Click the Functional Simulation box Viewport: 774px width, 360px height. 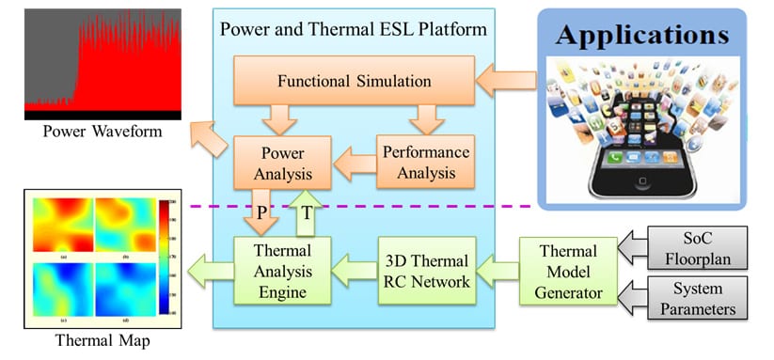[355, 81]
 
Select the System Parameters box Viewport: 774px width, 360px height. [703, 297]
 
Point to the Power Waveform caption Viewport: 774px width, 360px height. [89, 131]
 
